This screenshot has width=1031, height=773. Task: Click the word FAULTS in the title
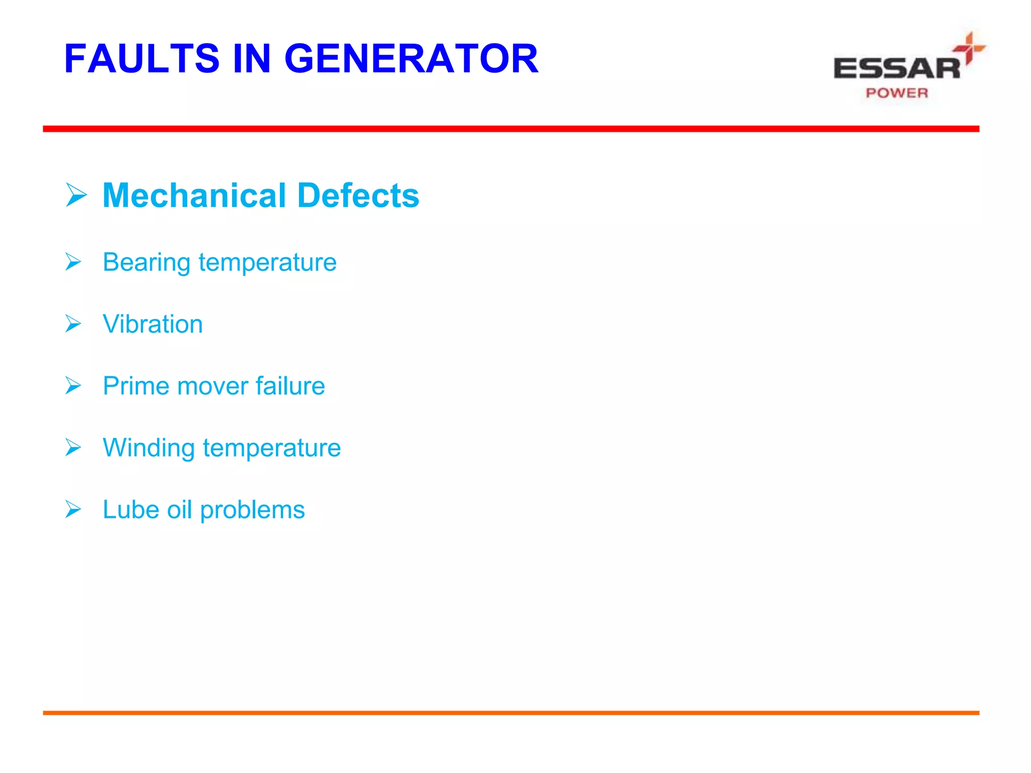click(142, 59)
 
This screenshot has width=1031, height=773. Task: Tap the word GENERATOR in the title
click(411, 59)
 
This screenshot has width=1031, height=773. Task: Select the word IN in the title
click(252, 59)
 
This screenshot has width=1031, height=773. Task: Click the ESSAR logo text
click(897, 68)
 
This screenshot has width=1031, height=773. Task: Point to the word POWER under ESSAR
click(897, 93)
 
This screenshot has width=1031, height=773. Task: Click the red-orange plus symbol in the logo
click(969, 48)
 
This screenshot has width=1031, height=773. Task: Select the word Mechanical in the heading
click(194, 195)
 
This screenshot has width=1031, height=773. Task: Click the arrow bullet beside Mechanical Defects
click(76, 195)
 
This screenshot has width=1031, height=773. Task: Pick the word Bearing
click(146, 263)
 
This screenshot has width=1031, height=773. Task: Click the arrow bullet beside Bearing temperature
click(73, 262)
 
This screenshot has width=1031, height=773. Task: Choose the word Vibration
click(153, 324)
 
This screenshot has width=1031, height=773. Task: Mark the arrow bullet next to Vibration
click(73, 324)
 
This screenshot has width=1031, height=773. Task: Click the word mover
click(212, 386)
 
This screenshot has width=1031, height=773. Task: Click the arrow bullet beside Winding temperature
click(73, 448)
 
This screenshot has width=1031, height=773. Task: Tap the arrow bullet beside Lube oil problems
click(73, 510)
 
